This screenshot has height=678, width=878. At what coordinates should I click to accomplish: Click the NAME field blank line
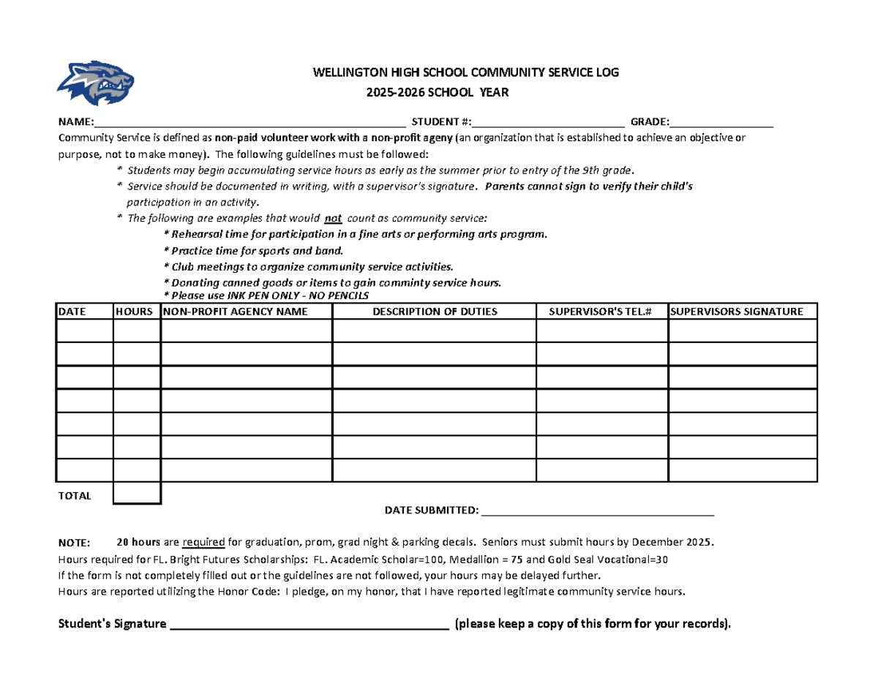pyautogui.click(x=249, y=121)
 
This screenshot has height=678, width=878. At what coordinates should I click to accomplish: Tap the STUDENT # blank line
pyautogui.click(x=548, y=121)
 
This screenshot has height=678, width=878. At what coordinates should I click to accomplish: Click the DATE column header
pyautogui.click(x=72, y=312)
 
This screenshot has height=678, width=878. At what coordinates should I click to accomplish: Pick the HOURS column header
pyautogui.click(x=135, y=312)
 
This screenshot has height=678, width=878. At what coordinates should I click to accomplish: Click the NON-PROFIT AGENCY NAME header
pyautogui.click(x=236, y=312)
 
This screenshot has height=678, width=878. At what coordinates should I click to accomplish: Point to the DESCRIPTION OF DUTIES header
pyautogui.click(x=435, y=312)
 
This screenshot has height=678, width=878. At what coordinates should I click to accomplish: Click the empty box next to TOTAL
pyautogui.click(x=137, y=494)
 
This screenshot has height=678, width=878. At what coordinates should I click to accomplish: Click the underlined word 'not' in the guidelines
pyautogui.click(x=334, y=218)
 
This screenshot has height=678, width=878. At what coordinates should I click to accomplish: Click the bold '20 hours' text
pyautogui.click(x=138, y=543)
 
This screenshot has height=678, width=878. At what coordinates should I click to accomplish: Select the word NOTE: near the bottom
pyautogui.click(x=74, y=543)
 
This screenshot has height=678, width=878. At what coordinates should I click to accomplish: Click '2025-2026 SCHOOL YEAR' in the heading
pyautogui.click(x=437, y=93)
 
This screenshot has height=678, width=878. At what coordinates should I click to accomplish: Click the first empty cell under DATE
pyautogui.click(x=84, y=331)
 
